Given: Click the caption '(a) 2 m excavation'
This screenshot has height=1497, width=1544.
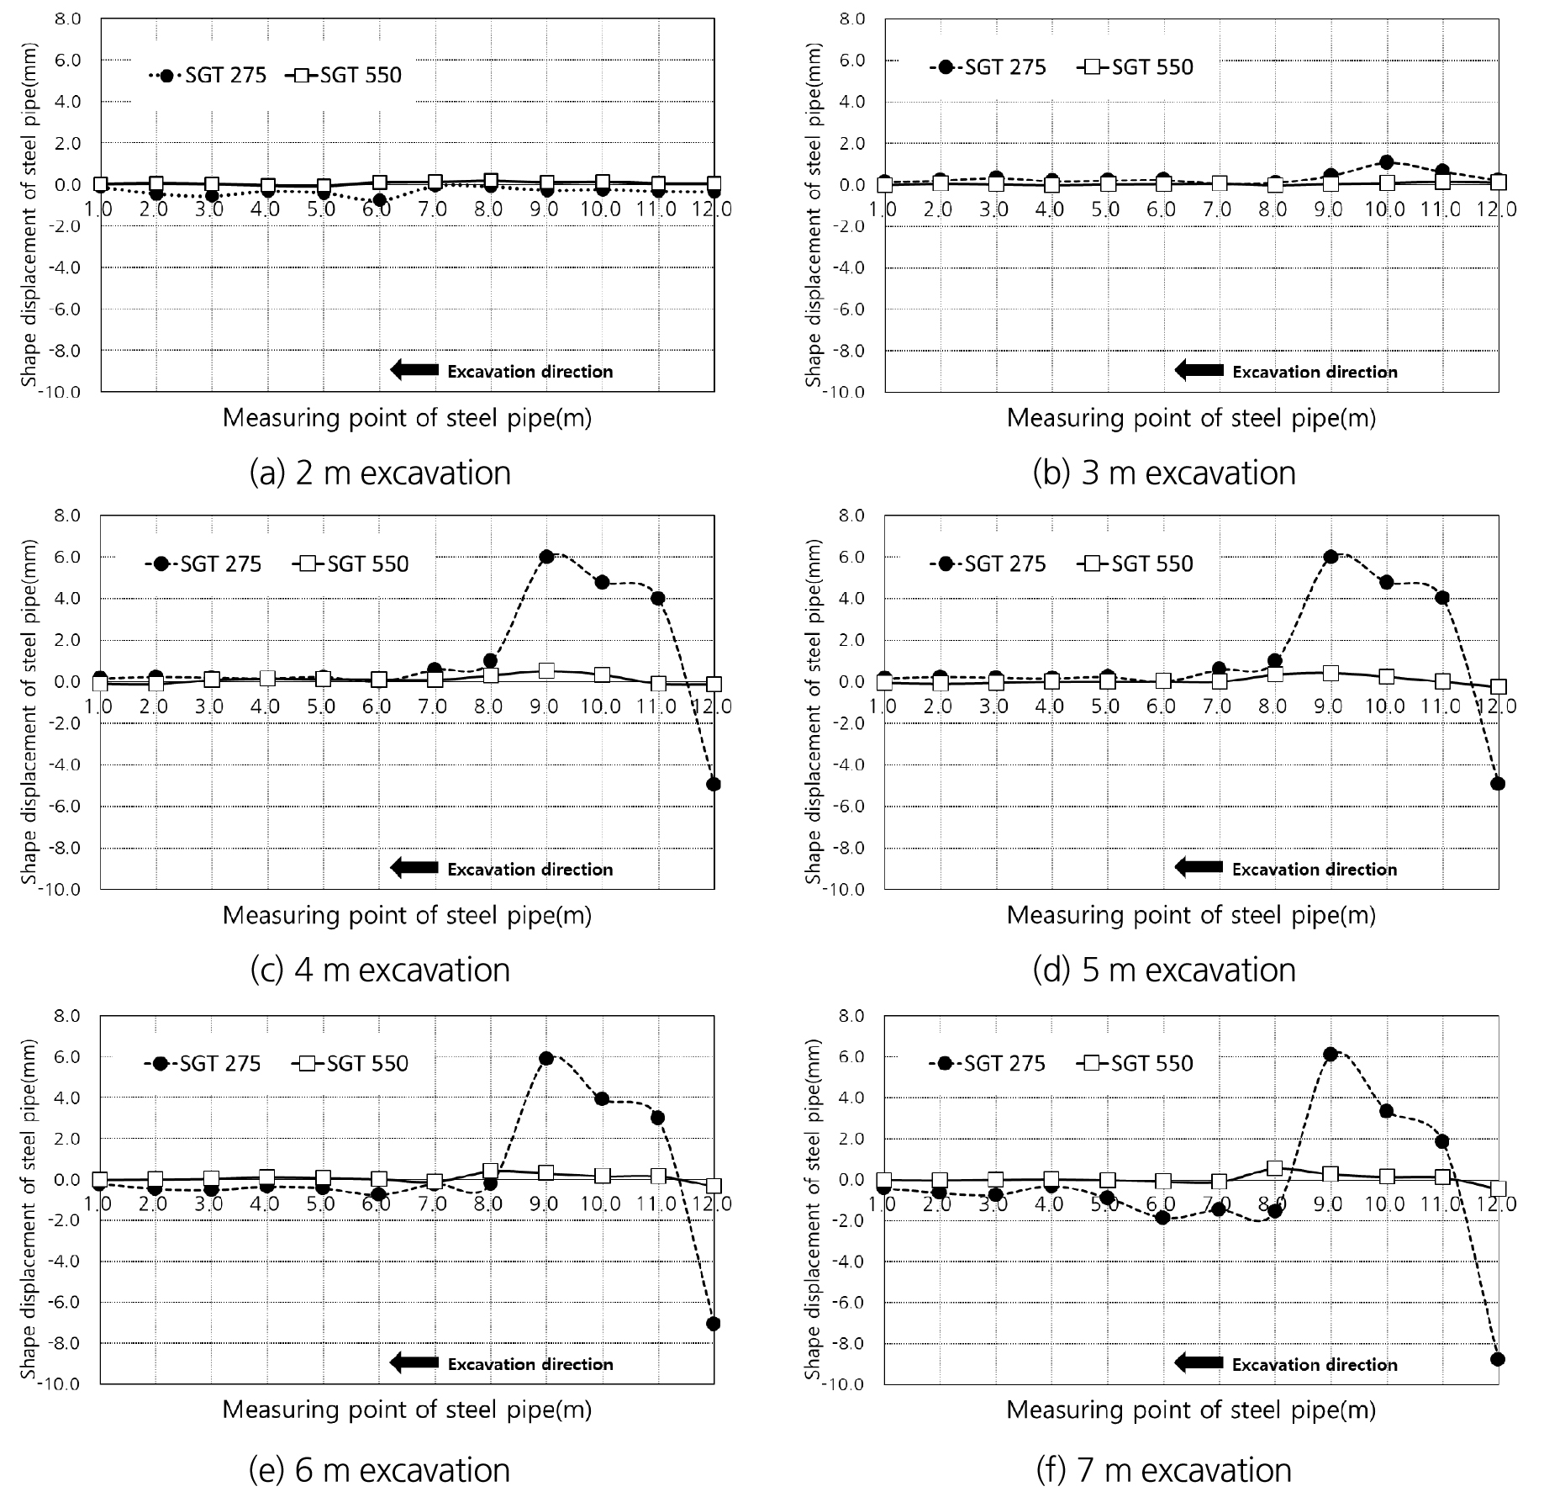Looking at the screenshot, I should [x=380, y=473].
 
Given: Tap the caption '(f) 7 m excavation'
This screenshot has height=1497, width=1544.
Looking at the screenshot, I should [x=1163, y=1469].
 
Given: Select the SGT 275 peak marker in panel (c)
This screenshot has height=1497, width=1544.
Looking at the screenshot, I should [x=545, y=557].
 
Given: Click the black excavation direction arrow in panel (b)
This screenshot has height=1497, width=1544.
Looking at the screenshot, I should [x=1199, y=371].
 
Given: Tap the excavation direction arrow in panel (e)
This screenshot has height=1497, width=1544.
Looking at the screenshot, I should [x=414, y=1364].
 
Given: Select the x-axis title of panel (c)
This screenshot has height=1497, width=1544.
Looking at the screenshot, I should [x=407, y=916].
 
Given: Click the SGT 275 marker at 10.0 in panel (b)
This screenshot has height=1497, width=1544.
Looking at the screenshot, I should [x=1386, y=162].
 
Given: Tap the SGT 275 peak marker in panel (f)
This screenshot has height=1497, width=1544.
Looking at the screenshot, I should [x=1330, y=1054].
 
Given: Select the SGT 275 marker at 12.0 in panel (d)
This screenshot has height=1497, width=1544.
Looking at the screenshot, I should [x=1497, y=784].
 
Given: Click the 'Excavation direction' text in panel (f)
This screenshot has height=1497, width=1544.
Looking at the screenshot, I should [x=1315, y=1365].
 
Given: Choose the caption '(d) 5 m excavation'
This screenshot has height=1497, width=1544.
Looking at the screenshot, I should [x=1164, y=971].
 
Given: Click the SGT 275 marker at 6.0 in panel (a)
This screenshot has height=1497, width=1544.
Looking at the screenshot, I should [x=378, y=200].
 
